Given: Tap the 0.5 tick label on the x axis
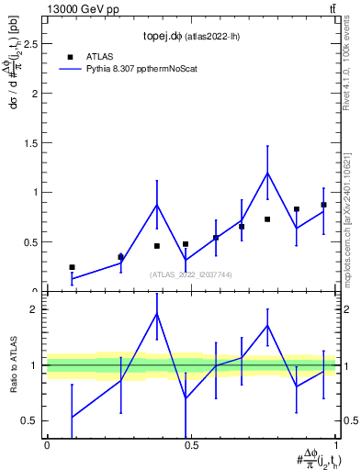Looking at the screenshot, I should [x=190, y=444].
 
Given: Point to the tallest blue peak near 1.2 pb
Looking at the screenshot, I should [x=267, y=173].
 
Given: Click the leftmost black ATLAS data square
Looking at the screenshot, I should [x=72, y=267].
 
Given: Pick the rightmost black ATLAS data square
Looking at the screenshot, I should [x=323, y=205].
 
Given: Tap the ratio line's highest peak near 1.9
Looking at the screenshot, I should [x=157, y=313].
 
